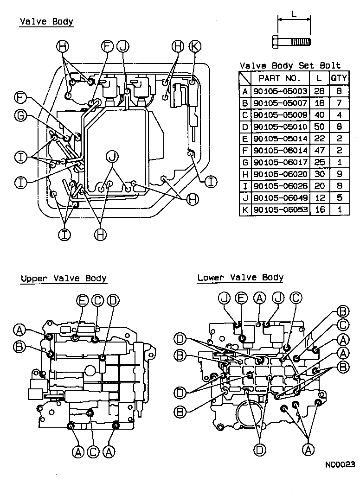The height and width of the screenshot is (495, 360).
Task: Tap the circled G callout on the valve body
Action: pyautogui.click(x=20, y=116)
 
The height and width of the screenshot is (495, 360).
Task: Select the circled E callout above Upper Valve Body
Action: pyautogui.click(x=83, y=301)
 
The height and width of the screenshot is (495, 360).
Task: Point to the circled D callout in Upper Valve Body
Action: pyautogui.click(x=112, y=301)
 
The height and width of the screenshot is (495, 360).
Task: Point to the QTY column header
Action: pyautogui.click(x=339, y=78)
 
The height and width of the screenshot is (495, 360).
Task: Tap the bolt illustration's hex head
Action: pyautogui.click(x=275, y=42)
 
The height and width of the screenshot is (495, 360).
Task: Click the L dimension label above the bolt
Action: pyautogui.click(x=294, y=14)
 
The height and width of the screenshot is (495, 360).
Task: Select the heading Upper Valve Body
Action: pyautogui.click(x=64, y=279)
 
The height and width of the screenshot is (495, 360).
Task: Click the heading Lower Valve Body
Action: pyautogui.click(x=240, y=278)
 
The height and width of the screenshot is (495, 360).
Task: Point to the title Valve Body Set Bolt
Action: pyautogui.click(x=290, y=66)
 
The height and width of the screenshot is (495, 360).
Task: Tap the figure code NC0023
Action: pyautogui.click(x=340, y=464)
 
